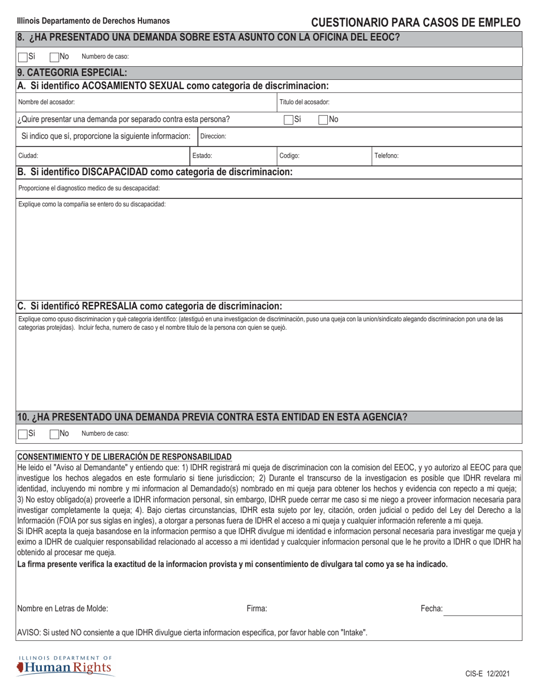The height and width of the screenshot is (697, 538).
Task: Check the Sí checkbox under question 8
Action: point(23,57)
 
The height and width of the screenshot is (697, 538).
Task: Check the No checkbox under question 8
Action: point(54,57)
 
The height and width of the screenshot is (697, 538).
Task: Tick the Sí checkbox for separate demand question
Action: point(288,120)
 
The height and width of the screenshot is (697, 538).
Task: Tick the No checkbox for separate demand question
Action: point(323,120)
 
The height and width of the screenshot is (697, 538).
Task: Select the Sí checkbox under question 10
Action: point(23,434)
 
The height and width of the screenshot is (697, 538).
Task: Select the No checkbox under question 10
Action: point(54,434)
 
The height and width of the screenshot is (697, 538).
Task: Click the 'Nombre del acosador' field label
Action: point(46,103)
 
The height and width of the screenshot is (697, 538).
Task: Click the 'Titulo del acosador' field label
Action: point(305,103)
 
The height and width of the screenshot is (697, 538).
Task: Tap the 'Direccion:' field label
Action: point(214,137)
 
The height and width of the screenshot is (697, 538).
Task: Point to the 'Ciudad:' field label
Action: point(28,155)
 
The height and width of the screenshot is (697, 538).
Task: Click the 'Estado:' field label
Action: point(202,155)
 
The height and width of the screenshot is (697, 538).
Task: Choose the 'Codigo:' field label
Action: point(289,155)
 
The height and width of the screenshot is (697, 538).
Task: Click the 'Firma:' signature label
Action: point(257,609)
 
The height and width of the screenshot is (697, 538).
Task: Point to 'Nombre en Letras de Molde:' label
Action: point(63,609)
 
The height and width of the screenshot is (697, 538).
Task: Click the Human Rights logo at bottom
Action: point(65,666)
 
